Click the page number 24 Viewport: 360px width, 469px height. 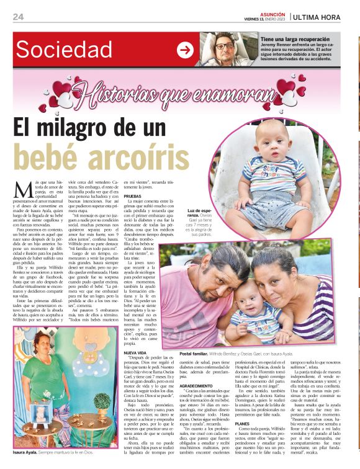click(19, 17)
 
